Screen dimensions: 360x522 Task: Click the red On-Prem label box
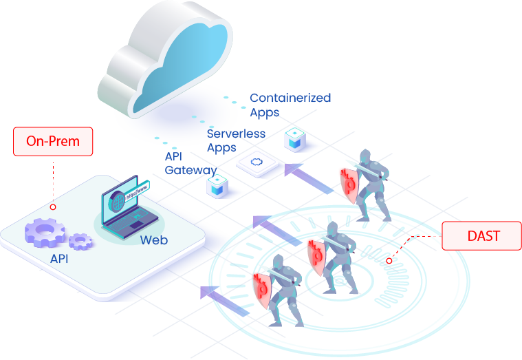53,142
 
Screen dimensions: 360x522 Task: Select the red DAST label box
481,236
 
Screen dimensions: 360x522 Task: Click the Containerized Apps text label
290,105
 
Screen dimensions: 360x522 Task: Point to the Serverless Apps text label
235,140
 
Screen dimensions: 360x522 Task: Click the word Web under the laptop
153,240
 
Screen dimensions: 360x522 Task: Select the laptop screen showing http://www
129,199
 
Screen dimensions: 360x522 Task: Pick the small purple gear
81,240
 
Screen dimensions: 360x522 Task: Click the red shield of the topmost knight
348,182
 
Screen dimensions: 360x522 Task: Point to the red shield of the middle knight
316,252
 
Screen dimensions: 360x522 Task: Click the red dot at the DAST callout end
389,261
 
